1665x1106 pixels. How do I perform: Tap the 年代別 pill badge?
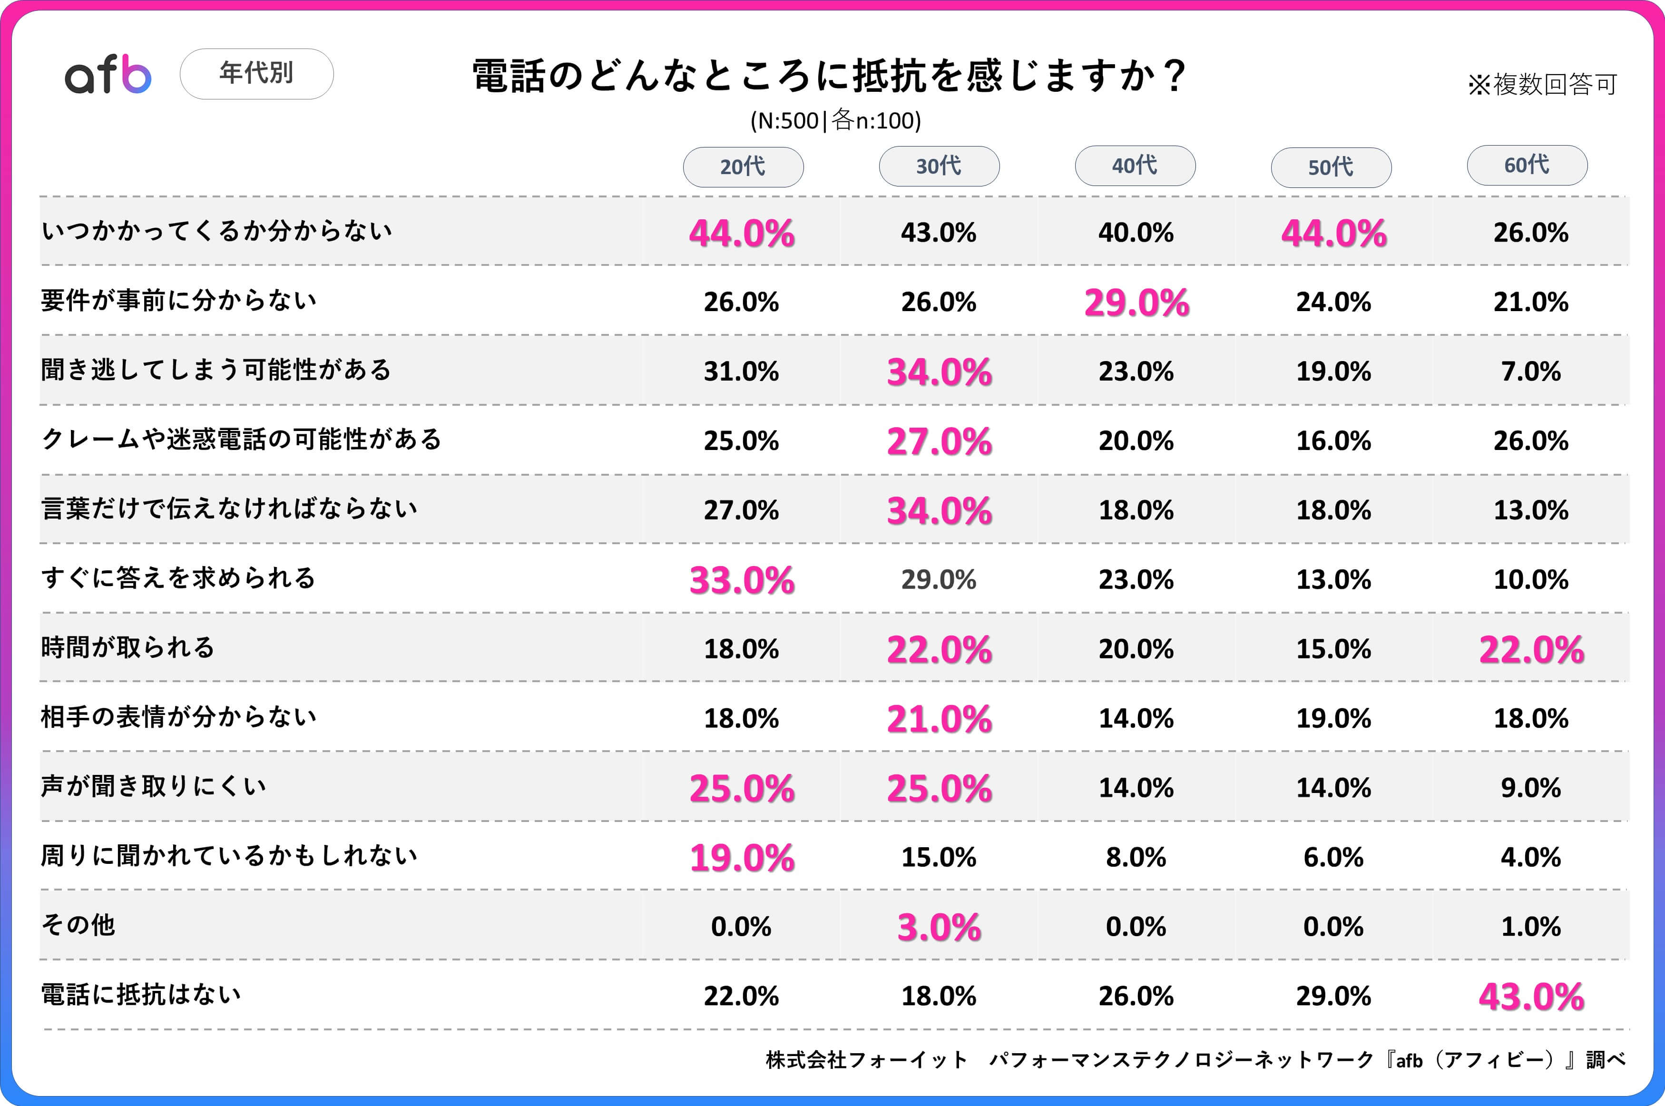coord(257,73)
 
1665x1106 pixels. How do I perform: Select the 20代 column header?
coord(743,167)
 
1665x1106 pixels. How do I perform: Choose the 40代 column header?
coord(1135,166)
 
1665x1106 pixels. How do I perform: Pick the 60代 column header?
coord(1527,165)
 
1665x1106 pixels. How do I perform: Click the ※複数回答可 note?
coord(1542,85)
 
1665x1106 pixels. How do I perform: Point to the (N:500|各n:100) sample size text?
coord(836,121)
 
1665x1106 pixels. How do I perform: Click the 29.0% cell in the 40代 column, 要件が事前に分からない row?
coord(1136,303)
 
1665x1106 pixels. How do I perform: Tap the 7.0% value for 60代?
coord(1530,371)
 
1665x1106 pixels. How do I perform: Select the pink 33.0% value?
coord(741,580)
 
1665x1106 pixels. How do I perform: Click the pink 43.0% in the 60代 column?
coord(1531,997)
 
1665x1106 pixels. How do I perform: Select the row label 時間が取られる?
coord(127,647)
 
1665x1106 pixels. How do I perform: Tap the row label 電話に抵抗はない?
coord(141,995)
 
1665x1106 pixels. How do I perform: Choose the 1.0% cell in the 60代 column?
coord(1530,927)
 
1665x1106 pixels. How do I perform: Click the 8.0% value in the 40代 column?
coord(1136,858)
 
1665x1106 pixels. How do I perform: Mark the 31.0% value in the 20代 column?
coord(741,371)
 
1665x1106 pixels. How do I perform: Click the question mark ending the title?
coord(1174,76)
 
